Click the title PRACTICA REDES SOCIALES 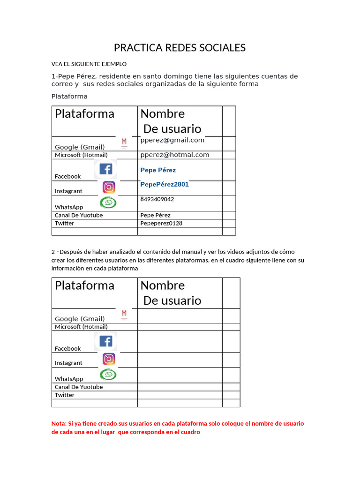click(x=180, y=48)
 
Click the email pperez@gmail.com click(x=172, y=140)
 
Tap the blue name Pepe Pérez click(x=158, y=170)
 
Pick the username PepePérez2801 click(x=165, y=184)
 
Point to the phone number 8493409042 click(x=157, y=199)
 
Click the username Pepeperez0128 click(x=161, y=223)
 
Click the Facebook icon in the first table click(x=106, y=169)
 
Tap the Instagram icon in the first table click(x=109, y=187)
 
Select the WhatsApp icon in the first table click(x=109, y=202)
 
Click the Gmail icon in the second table click(x=124, y=314)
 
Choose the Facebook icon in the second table click(x=106, y=341)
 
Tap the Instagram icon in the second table click(x=109, y=359)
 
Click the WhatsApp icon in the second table click(x=109, y=375)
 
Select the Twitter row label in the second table click(x=65, y=395)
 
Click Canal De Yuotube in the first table click(x=79, y=215)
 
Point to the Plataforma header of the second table click(x=84, y=285)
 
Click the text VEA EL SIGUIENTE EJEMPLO click(x=89, y=64)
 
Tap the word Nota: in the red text click(x=59, y=423)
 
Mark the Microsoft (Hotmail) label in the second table click(x=81, y=327)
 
